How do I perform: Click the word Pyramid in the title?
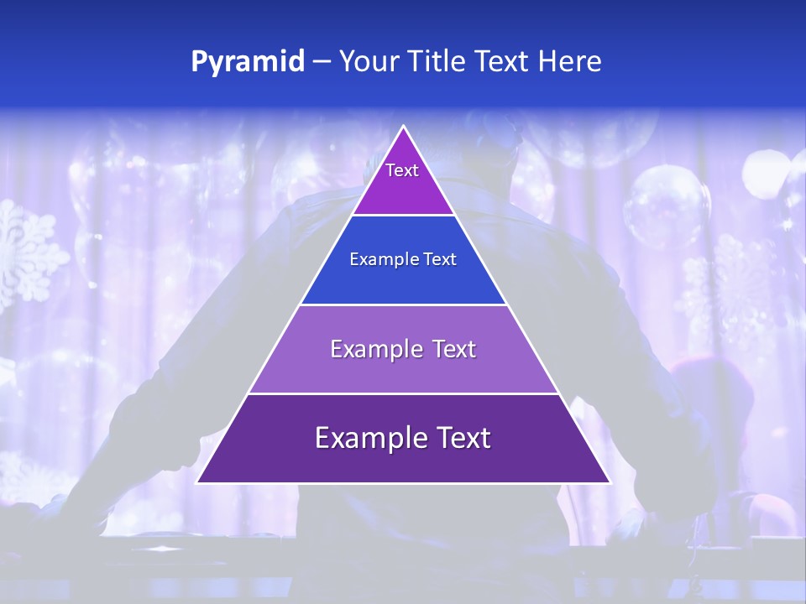(x=247, y=62)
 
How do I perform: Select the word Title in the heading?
(x=438, y=62)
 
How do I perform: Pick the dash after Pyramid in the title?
(x=322, y=62)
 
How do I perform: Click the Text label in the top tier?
(x=402, y=170)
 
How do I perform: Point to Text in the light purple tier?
(x=455, y=349)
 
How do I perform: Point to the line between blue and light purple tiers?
(x=403, y=305)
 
